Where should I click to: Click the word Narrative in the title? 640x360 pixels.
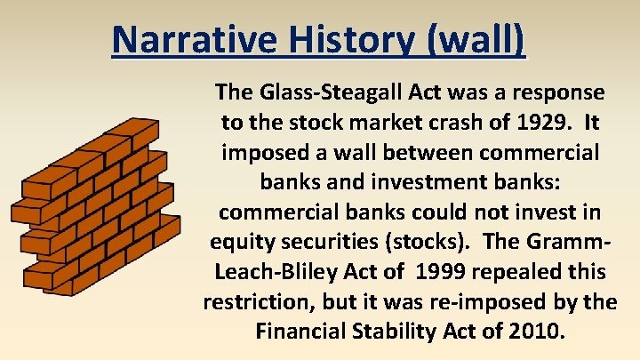pyautogui.click(x=195, y=40)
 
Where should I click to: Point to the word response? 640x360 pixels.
pyautogui.click(x=558, y=93)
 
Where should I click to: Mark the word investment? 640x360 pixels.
pyautogui.click(x=429, y=181)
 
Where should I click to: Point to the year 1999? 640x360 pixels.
pyautogui.click(x=440, y=272)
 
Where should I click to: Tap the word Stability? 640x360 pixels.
pyautogui.click(x=394, y=332)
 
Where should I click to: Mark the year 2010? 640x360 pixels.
pyautogui.click(x=537, y=332)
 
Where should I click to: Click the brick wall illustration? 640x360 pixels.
pyautogui.click(x=95, y=207)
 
